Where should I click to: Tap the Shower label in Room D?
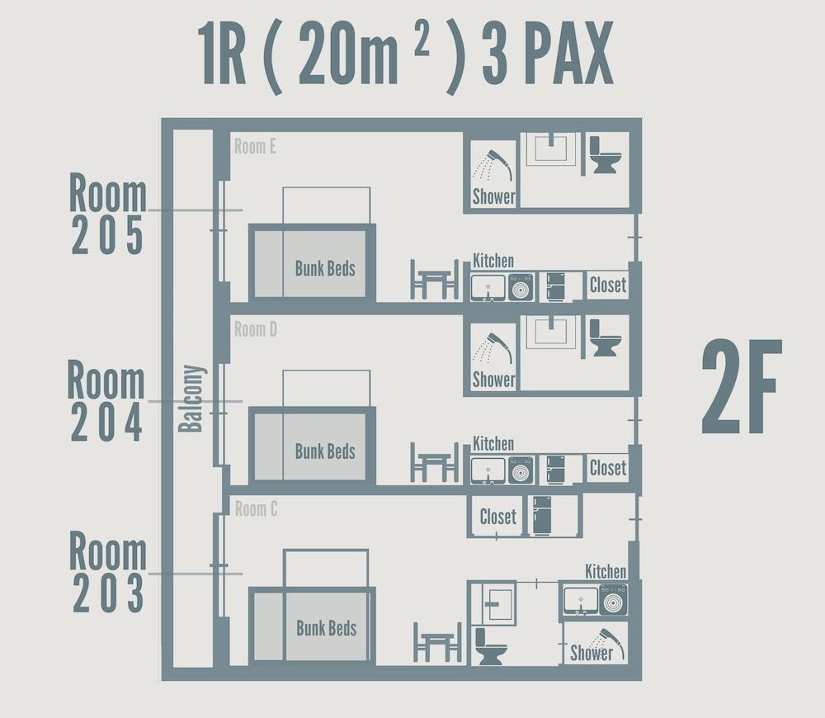click(x=493, y=380)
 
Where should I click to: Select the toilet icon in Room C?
click(x=490, y=645)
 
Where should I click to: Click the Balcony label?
click(x=191, y=398)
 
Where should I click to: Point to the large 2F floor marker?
click(x=742, y=387)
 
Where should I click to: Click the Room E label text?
click(x=255, y=147)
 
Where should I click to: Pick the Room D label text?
click(x=255, y=330)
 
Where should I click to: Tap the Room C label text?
click(x=256, y=509)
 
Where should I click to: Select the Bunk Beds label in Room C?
click(x=326, y=628)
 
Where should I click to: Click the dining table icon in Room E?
click(x=434, y=279)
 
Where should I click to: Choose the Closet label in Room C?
click(x=497, y=517)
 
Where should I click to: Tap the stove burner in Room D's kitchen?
click(x=521, y=470)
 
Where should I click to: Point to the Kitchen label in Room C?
click(x=606, y=571)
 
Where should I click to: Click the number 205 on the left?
click(x=107, y=237)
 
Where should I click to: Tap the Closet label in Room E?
click(x=608, y=286)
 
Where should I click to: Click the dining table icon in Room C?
click(x=436, y=641)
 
